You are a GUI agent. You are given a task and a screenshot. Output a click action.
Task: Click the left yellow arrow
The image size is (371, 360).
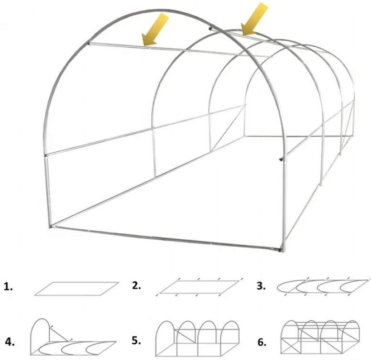point(156,30)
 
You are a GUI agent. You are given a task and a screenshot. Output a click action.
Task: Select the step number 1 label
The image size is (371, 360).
point(8,287)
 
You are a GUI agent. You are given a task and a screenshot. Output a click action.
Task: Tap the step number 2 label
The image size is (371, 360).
point(137,286)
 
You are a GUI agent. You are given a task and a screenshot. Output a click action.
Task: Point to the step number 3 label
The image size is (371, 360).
point(261,286)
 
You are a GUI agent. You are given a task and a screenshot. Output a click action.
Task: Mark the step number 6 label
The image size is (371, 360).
point(262,342)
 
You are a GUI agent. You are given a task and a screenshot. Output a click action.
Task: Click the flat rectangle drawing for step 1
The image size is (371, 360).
point(76,289)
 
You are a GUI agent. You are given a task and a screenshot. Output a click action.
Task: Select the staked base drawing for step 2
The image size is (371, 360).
point(198,286)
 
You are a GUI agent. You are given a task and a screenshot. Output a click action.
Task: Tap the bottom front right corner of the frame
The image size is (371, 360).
point(281,249)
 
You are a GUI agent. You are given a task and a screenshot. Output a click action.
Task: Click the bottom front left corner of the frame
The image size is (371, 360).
point(52,226)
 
